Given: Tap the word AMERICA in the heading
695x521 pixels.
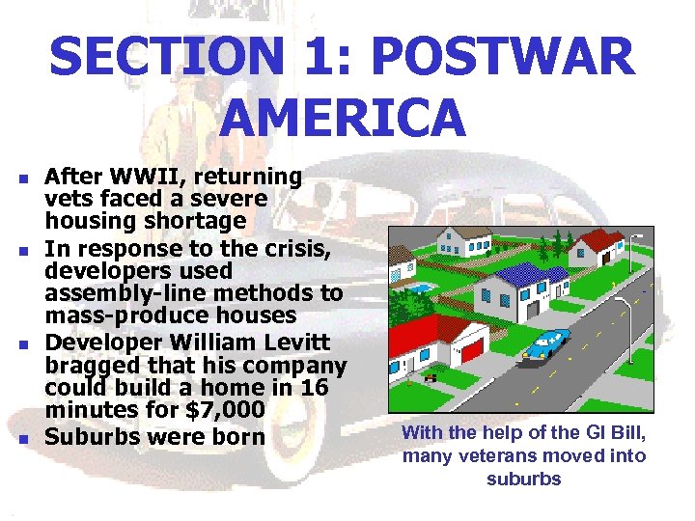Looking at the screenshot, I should pos(344,116).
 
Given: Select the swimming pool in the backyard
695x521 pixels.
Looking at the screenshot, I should pos(417,288).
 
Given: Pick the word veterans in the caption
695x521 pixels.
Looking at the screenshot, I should pos(490,456).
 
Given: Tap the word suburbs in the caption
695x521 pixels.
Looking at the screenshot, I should pos(524,480).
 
